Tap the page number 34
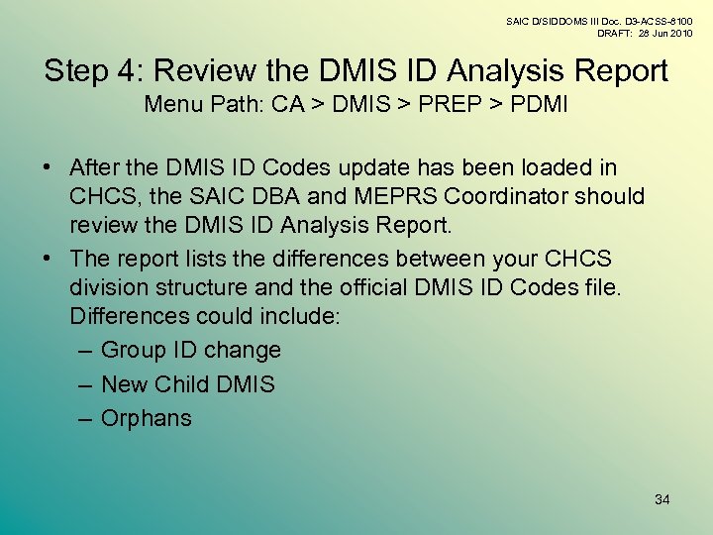pyautogui.click(x=662, y=499)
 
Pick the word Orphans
pyautogui.click(x=147, y=418)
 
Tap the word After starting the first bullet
pyautogui.click(x=100, y=168)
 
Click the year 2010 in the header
pyautogui.click(x=680, y=34)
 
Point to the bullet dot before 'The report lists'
pyautogui.click(x=50, y=260)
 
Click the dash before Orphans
pyautogui.click(x=84, y=418)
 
